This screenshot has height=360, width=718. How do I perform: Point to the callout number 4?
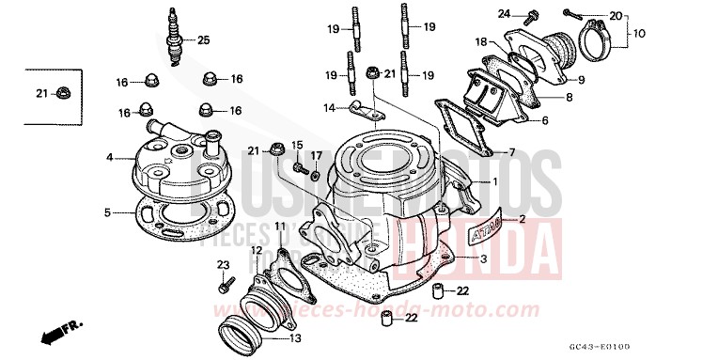109,157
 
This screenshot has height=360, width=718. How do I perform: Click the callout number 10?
639,33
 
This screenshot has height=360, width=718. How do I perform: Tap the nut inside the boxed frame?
62,92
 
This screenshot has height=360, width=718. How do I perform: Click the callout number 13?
296,338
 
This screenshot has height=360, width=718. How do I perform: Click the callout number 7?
512,151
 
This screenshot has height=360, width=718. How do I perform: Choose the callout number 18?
480,41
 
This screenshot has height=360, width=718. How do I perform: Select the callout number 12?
256,249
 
